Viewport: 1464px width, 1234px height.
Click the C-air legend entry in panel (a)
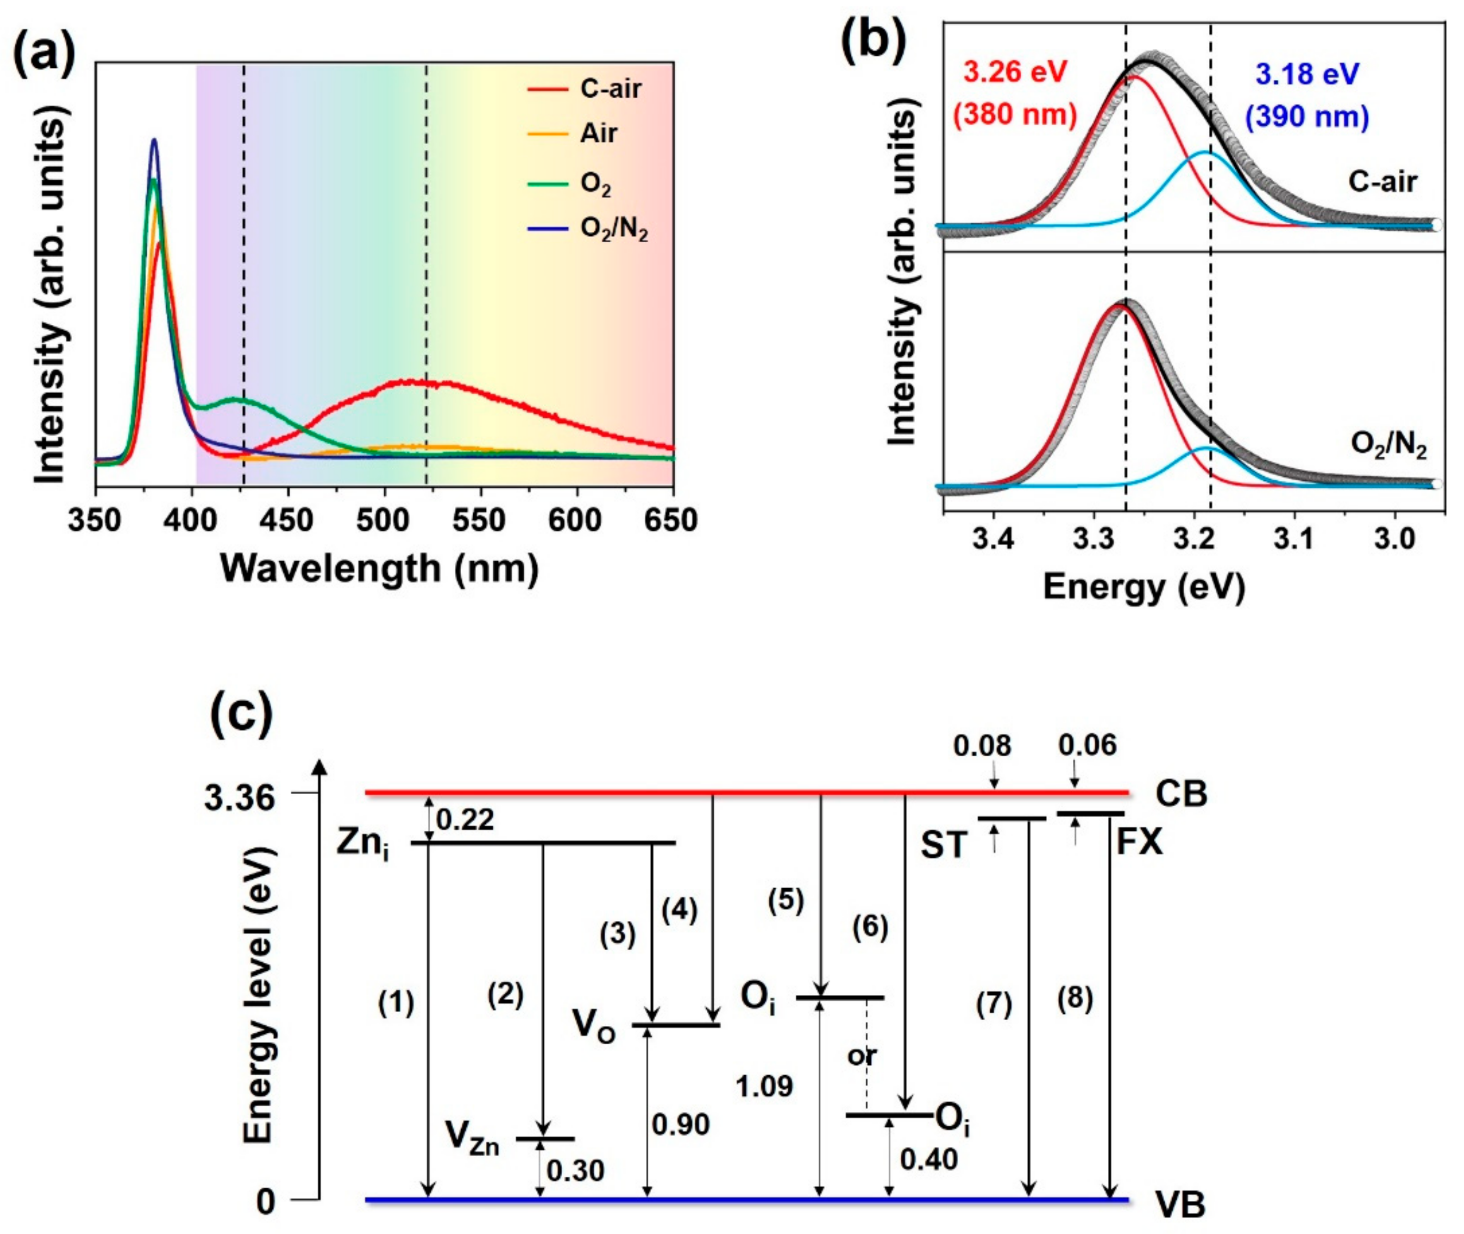pos(610,89)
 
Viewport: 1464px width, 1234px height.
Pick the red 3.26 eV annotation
pos(1015,72)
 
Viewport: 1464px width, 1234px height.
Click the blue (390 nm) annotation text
pos(1307,116)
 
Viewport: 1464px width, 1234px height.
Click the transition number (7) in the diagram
pos(994,1006)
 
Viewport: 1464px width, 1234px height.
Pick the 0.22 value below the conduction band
pos(465,819)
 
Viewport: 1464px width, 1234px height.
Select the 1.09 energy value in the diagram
pos(764,1086)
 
